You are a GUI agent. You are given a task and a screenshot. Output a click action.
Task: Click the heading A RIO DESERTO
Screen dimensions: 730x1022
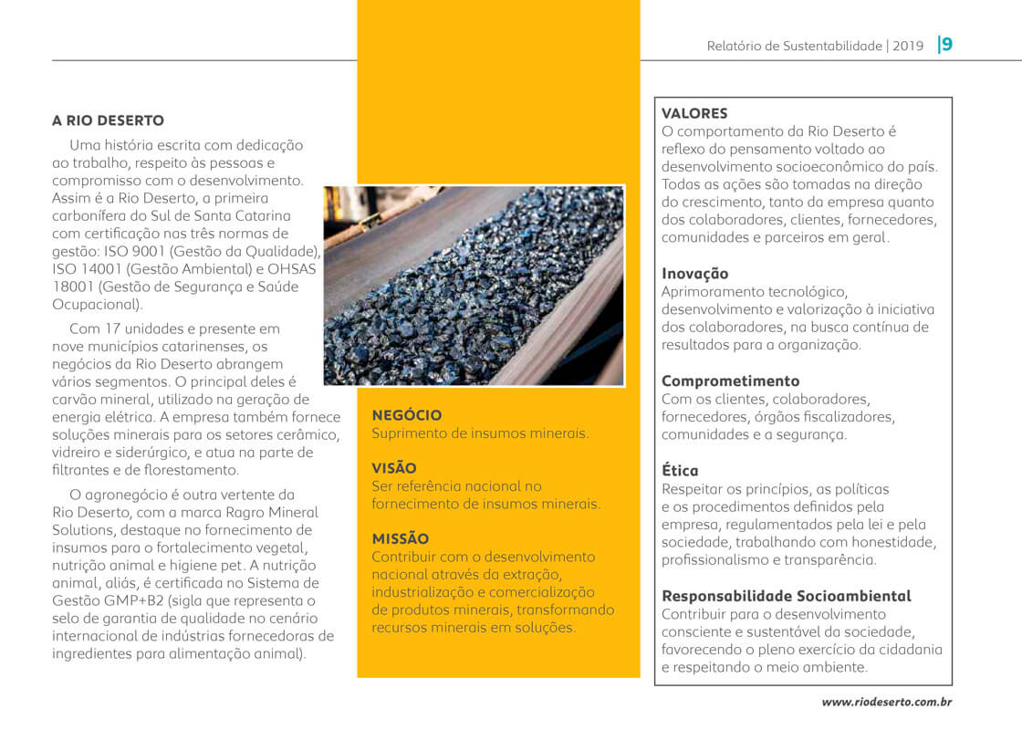pyautogui.click(x=108, y=120)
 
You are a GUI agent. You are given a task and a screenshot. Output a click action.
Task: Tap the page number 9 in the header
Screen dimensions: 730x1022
pyautogui.click(x=947, y=45)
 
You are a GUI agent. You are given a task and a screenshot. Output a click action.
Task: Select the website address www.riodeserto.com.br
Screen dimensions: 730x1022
pyautogui.click(x=887, y=702)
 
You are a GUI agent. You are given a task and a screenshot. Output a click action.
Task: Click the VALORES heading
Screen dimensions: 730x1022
pyautogui.click(x=694, y=114)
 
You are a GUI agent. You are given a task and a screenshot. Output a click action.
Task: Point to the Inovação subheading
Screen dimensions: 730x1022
pyautogui.click(x=694, y=274)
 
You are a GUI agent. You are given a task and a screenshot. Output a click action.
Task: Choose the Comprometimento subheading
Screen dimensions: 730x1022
pyautogui.click(x=730, y=381)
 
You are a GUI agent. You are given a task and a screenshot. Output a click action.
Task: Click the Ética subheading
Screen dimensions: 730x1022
pyautogui.click(x=680, y=471)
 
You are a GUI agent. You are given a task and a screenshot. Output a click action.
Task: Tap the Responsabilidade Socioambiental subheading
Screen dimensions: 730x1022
pyautogui.click(x=786, y=596)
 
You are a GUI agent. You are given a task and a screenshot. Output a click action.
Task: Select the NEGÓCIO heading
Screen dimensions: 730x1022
pyautogui.click(x=407, y=415)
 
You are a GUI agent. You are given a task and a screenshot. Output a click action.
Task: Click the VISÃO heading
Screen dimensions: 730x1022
pyautogui.click(x=394, y=468)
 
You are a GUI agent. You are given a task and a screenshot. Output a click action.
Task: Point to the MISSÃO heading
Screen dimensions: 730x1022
pyautogui.click(x=400, y=539)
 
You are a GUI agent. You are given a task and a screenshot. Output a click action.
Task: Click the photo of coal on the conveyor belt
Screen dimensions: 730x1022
pyautogui.click(x=474, y=285)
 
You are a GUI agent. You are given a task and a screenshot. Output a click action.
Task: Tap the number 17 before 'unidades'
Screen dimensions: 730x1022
pyautogui.click(x=112, y=328)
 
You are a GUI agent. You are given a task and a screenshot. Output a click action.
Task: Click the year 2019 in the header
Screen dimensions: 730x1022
pyautogui.click(x=908, y=46)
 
